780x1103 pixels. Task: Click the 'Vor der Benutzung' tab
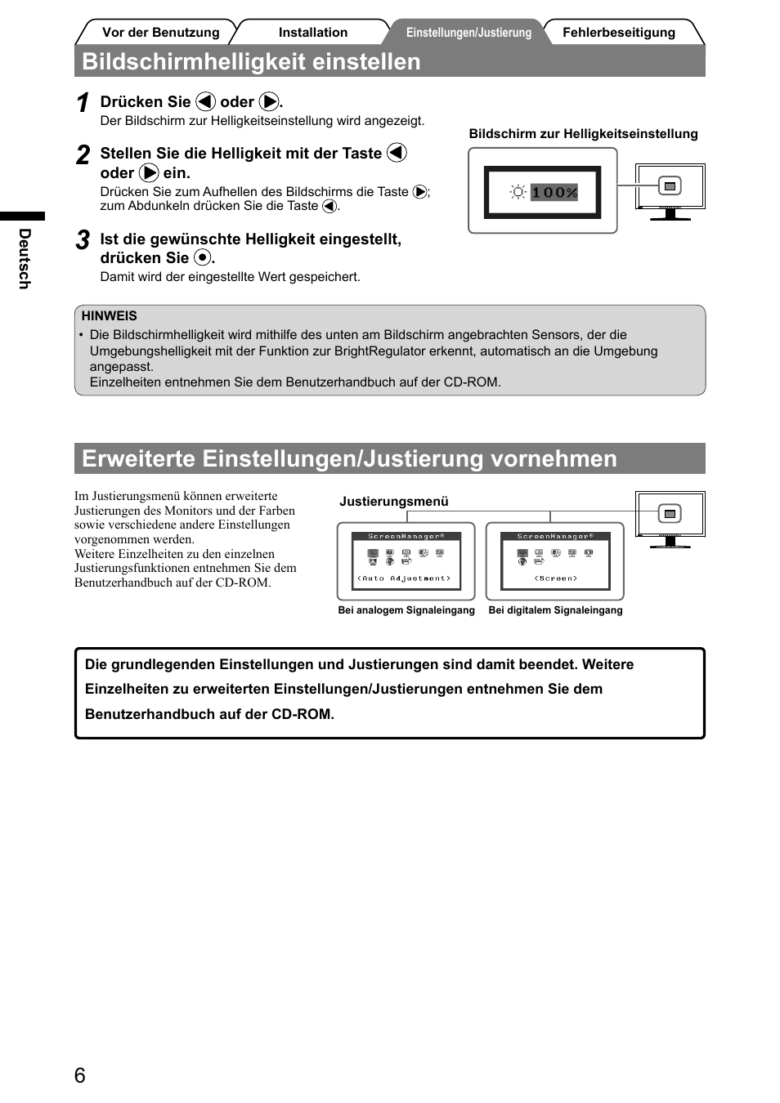[160, 33]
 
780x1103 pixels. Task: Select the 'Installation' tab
[312, 33]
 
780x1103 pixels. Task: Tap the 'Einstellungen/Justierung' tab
[468, 33]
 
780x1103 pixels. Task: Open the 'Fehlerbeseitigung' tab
[619, 33]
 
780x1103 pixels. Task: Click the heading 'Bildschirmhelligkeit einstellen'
[251, 62]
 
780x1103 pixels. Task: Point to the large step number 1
[83, 104]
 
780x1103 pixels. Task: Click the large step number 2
[83, 155]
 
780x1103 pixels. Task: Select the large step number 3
[83, 240]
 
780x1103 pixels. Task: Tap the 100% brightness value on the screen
[554, 192]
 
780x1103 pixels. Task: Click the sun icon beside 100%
[518, 192]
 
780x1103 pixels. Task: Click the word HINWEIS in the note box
[109, 316]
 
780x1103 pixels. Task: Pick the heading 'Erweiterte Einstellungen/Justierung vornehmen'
[349, 458]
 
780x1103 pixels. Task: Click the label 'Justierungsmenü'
[394, 502]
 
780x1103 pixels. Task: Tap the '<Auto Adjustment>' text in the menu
[404, 578]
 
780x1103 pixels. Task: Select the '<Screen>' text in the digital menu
[556, 578]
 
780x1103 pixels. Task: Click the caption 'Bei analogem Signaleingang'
[406, 610]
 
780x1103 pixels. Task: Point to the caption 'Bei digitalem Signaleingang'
[555, 610]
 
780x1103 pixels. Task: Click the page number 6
[79, 1075]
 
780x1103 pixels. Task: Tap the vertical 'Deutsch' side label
[25, 258]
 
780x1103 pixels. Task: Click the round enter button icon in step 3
[202, 258]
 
